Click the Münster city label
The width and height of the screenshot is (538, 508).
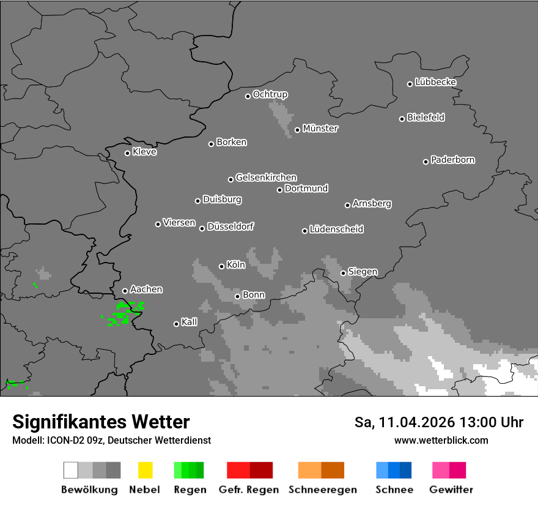pyautogui.click(x=320, y=129)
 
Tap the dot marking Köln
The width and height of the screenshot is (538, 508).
pyautogui.click(x=221, y=266)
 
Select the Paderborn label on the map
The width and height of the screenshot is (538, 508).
pyautogui.click(x=453, y=160)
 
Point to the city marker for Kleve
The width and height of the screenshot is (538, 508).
pyautogui.click(x=127, y=153)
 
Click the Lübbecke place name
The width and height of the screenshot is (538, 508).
pyautogui.click(x=435, y=82)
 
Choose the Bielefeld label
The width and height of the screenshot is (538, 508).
pyautogui.click(x=426, y=117)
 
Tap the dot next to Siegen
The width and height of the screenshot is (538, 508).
pyautogui.click(x=343, y=273)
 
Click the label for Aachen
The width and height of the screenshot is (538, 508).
pyautogui.click(x=146, y=289)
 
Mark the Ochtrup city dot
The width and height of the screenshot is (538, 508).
pyautogui.click(x=248, y=96)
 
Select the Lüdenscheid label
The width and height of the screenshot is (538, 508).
pyautogui.click(x=336, y=229)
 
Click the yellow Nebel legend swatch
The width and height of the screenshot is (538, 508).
pyautogui.click(x=145, y=470)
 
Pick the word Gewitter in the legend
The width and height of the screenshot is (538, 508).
pyautogui.click(x=451, y=490)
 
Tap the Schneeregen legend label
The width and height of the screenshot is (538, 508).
pyautogui.click(x=322, y=490)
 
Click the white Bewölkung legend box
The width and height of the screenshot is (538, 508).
pyautogui.click(x=70, y=470)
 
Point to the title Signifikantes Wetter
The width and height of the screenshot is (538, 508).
pyautogui.click(x=101, y=422)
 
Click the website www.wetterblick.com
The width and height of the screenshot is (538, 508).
pyautogui.click(x=441, y=440)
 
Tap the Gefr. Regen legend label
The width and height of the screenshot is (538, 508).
pyautogui.click(x=249, y=490)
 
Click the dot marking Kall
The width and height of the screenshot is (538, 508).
pyautogui.click(x=176, y=324)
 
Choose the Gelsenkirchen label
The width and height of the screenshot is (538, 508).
pyautogui.click(x=266, y=177)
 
